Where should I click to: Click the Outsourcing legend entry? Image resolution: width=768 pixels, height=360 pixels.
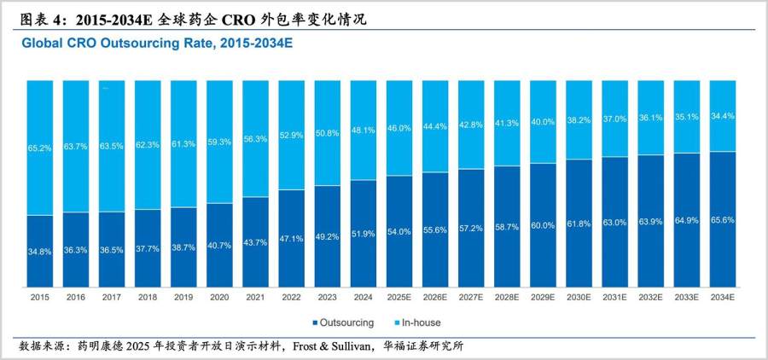344,323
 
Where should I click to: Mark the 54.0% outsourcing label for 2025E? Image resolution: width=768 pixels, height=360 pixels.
399,232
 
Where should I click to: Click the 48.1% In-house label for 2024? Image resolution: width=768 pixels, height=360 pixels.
364,131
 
